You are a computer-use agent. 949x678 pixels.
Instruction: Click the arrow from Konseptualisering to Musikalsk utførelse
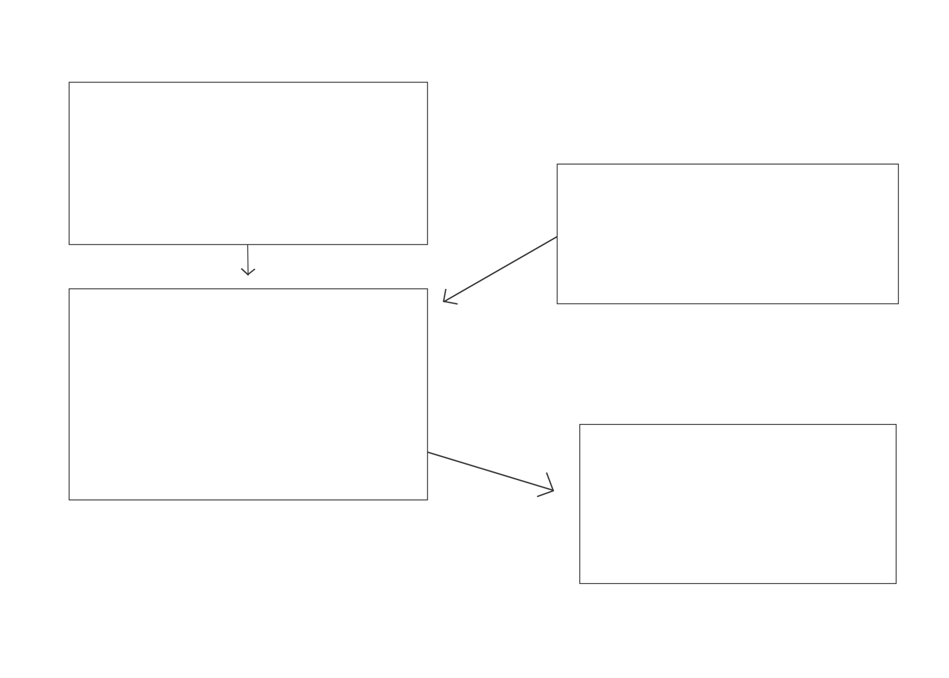pos(248,261)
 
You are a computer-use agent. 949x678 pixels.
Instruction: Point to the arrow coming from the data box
pos(498,271)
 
